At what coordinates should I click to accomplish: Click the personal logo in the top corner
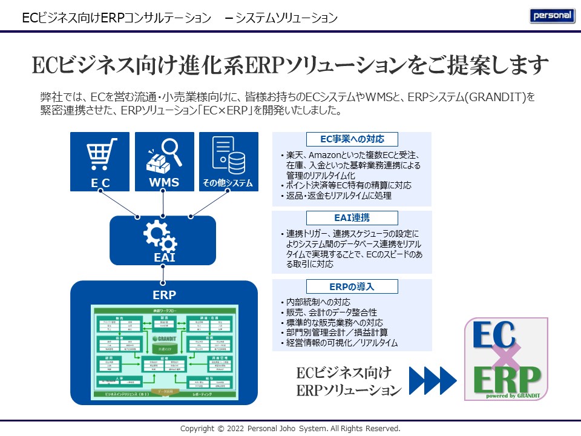point(552,16)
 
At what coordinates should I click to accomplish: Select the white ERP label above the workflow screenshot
point(164,295)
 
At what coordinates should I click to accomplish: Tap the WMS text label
point(164,182)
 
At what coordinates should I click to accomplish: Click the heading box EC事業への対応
point(352,139)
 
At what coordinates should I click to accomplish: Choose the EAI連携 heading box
point(352,218)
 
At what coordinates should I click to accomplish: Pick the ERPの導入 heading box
point(352,286)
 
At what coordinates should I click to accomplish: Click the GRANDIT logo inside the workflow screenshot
point(163,338)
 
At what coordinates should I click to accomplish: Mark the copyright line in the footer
point(290,429)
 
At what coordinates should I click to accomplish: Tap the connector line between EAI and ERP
point(163,274)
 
